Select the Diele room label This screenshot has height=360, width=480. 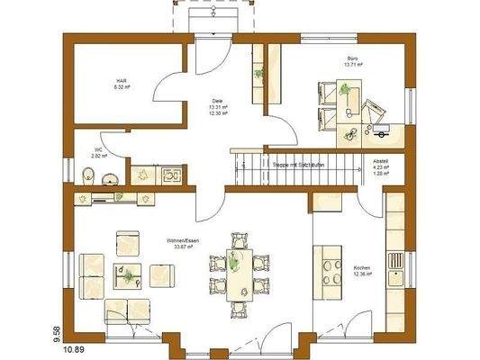[217, 100]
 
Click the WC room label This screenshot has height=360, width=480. [98, 151]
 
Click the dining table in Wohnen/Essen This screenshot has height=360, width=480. [239, 273]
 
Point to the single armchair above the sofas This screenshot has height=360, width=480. [128, 242]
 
